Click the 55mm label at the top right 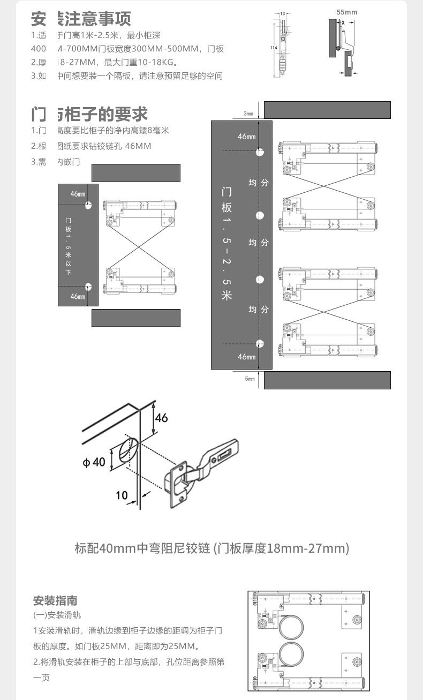pos(346,12)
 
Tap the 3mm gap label pos(248,114)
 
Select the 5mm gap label pos(250,379)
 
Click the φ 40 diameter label pos(94,461)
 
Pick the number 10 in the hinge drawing pos(122,495)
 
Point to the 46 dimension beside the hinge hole pos(161,418)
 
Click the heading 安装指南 pos(55,600)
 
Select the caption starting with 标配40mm pos(211,548)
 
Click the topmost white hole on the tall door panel pos(260,152)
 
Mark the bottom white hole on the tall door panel pos(260,344)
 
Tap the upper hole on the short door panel pos(88,205)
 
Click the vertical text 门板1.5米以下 pos(68,247)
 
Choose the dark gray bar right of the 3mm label pos(327,110)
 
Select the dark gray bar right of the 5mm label pos(327,380)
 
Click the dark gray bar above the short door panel pos(136,174)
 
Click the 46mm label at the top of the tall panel pos(246,137)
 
